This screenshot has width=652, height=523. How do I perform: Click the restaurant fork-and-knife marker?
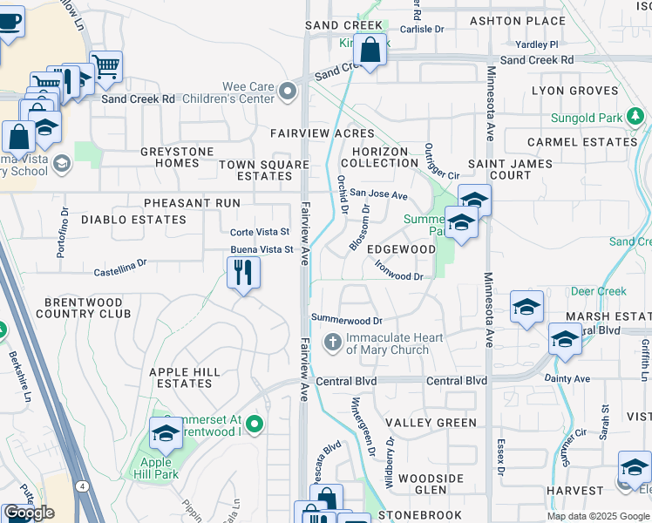coord(244,273)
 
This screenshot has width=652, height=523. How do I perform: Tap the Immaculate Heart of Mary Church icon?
coord(332,343)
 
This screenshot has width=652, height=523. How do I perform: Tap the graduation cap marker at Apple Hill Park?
coord(166,432)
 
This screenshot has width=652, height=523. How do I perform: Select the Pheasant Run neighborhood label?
coord(192,203)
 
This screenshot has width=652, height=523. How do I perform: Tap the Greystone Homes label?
coord(177,157)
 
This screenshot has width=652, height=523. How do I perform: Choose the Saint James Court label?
coord(511,169)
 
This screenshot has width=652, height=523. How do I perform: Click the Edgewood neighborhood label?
coord(401,248)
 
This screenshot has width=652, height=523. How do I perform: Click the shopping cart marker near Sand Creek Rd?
coord(105,66)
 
